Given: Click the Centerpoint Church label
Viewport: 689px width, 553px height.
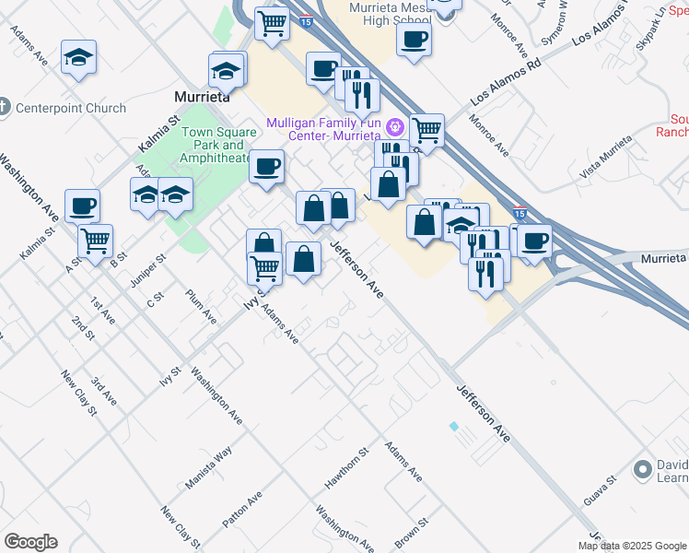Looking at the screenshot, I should point(71,108).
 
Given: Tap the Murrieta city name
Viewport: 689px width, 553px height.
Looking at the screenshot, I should point(202,96).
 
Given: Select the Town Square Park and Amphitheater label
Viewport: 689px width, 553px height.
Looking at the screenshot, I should point(217,145).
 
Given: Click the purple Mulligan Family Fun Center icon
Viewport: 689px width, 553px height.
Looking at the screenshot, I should point(396,124).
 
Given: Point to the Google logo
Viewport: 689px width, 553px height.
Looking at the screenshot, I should point(30,542).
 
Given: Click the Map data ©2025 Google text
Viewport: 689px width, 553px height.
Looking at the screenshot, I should point(633,546).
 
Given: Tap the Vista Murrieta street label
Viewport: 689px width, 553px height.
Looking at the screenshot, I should point(607,158).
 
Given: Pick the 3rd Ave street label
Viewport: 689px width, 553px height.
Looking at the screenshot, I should point(104,391).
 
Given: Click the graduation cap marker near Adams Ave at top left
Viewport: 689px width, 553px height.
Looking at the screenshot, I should point(79,57).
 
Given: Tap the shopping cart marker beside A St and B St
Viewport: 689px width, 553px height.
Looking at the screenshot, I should point(95,241).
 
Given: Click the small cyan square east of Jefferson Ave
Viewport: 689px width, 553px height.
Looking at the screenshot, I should point(453,426).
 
